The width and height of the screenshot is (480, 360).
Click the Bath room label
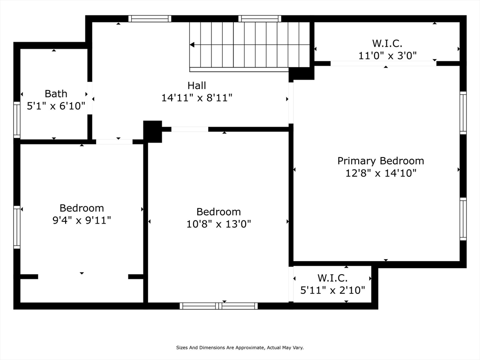[56, 94]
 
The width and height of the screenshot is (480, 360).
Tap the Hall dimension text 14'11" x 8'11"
[197, 98]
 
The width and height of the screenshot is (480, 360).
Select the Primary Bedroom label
[381, 161]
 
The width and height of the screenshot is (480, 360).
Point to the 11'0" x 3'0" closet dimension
[388, 56]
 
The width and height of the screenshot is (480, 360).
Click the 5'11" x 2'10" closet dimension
[332, 290]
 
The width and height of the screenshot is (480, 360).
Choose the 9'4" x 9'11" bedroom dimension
[82, 220]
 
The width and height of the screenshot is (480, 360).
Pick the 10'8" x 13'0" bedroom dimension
[218, 224]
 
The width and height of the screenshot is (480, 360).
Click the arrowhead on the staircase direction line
[192, 45]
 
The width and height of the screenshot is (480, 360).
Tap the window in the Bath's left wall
[17, 120]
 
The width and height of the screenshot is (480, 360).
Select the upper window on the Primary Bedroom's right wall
[463, 112]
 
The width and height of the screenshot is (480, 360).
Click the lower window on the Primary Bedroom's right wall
[463, 219]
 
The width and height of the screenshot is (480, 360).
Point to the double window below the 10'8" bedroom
[218, 306]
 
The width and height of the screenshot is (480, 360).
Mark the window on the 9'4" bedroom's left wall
[17, 227]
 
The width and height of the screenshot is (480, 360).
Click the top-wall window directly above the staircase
[260, 19]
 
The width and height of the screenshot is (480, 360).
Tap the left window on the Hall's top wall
[150, 19]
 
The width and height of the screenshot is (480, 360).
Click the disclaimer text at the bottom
[240, 347]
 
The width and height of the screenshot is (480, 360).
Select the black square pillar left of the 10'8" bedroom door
[152, 132]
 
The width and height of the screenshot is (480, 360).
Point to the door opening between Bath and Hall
[90, 98]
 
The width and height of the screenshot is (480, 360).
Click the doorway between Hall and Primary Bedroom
[291, 103]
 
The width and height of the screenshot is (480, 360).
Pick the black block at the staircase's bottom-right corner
[301, 74]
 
